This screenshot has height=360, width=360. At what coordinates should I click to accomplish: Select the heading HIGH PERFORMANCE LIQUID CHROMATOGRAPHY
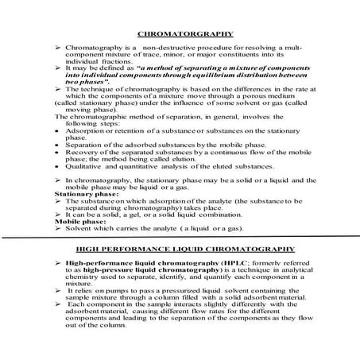click(x=179, y=249)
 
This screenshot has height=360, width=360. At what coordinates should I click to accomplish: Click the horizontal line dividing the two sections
click(x=180, y=237)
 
